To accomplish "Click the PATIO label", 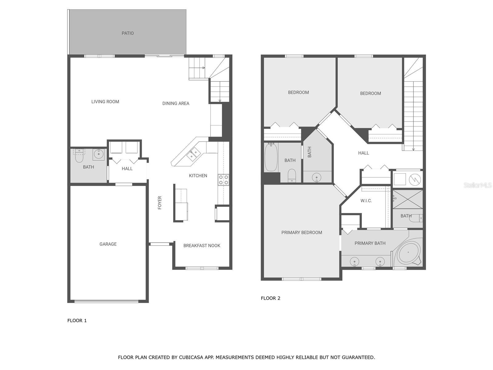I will pos(128,33).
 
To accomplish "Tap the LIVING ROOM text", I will pos(105,102).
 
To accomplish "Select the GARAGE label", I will pos(108,244).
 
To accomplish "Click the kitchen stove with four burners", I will pos(223,180).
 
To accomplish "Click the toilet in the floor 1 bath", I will pos(79,157).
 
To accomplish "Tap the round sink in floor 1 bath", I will pos(99,154).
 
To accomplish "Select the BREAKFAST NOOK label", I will pos(202,246).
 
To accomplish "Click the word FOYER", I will pos(160,203).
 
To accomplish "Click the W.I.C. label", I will pos(366,201).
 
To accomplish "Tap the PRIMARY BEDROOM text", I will pos(302,233).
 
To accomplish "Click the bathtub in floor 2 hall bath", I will pos(271,158).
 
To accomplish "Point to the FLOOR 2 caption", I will pos(271,298).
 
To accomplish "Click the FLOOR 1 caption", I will pos(77,321).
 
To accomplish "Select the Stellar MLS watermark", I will pos(477,185).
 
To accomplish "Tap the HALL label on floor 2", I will pos(363,153).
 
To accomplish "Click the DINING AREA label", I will pos(176,104).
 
